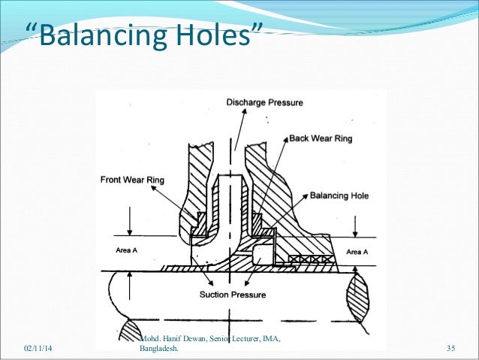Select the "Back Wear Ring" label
click(x=321, y=138)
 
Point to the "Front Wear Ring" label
click(x=133, y=180)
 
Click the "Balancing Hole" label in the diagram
click(x=339, y=195)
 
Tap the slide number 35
click(x=451, y=349)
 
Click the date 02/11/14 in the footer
click(x=38, y=349)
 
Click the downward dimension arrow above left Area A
click(x=132, y=229)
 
